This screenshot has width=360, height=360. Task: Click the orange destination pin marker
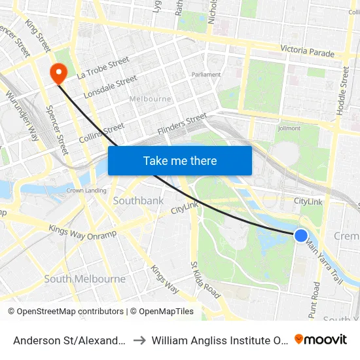[58, 73]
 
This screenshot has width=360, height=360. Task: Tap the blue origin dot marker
[300, 236]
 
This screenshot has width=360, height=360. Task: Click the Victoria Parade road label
[307, 50]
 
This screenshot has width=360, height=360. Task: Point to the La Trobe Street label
[103, 69]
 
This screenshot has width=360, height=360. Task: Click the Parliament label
[206, 75]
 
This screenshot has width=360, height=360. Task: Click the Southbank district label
[138, 200]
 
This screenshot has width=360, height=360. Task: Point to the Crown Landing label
[86, 190]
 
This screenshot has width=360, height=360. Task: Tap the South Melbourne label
[84, 279]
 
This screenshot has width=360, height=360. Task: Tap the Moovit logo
[321, 339]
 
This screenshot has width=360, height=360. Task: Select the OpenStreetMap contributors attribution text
[66, 312]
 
